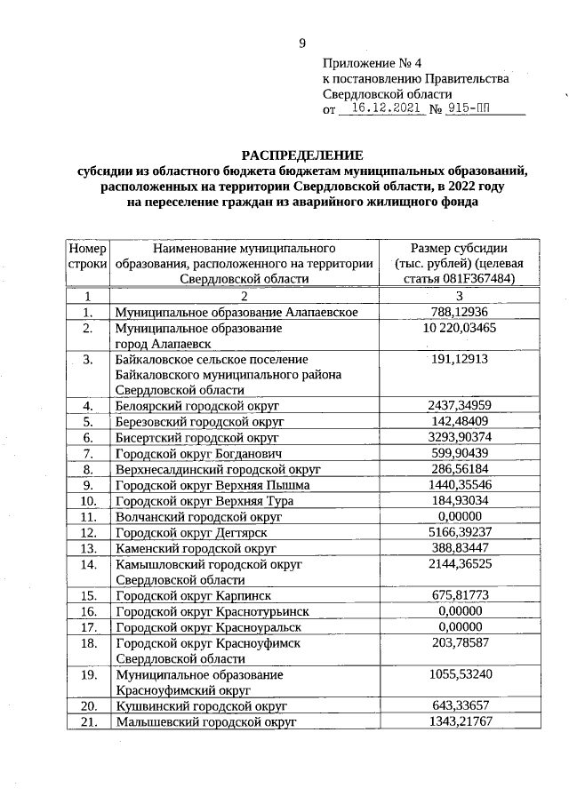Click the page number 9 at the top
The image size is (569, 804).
click(301, 43)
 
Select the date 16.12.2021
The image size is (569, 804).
click(384, 109)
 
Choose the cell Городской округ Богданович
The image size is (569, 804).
click(197, 453)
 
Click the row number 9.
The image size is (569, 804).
click(87, 485)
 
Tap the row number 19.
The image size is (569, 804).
click(87, 674)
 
